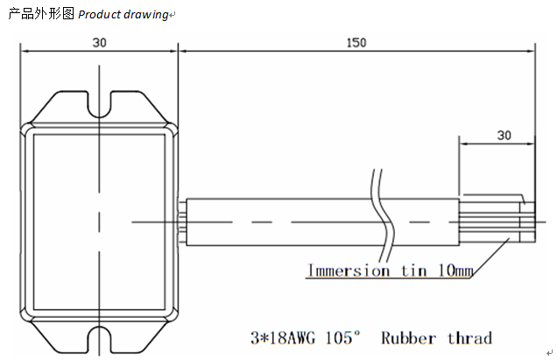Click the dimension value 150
356,42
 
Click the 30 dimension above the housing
99,42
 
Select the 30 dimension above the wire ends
504,135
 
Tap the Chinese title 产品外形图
41,15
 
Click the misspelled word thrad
470,338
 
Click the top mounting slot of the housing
100,103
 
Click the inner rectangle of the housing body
99,220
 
